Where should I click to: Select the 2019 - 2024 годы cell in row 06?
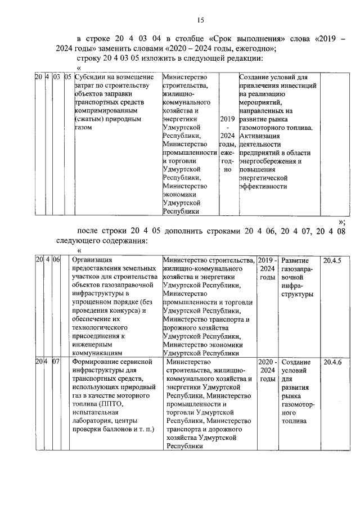tap(267, 269)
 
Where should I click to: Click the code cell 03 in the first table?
tap(56, 77)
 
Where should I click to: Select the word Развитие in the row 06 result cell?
tap(295, 261)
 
